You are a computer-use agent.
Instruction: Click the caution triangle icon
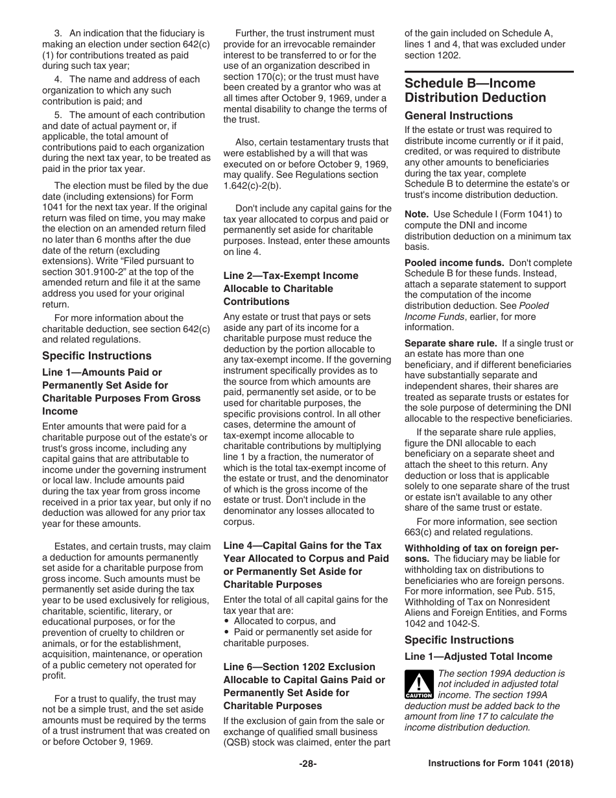pos(418,683)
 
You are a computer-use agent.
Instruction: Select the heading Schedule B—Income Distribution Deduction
pos(475,91)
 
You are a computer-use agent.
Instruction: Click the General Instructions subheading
pos(458,115)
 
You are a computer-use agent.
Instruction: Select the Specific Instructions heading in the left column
pos(97,356)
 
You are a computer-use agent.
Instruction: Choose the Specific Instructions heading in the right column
pos(459,640)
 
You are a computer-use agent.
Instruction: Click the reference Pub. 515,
pos(547,591)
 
